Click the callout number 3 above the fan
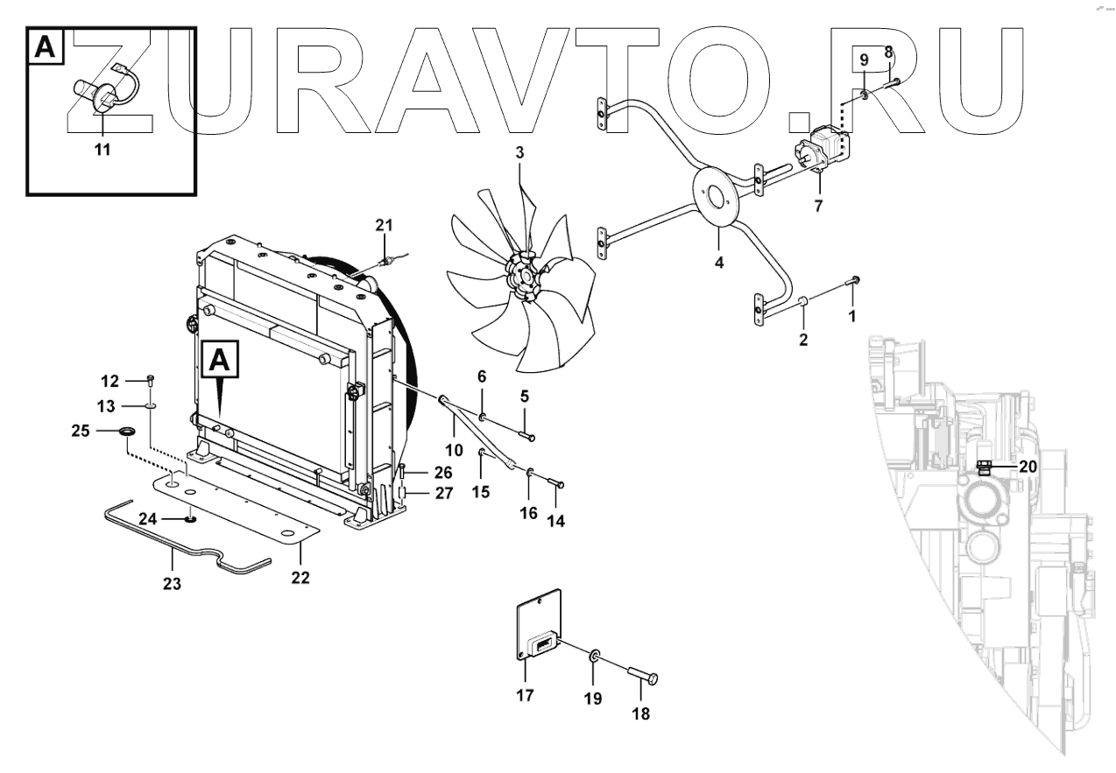point(519,152)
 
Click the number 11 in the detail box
point(102,150)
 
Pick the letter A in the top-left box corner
point(46,49)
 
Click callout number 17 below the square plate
point(523,696)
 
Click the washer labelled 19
point(595,656)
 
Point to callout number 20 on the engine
point(1028,467)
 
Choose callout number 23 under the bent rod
point(172,583)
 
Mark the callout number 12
point(109,381)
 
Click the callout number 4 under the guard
point(718,261)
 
